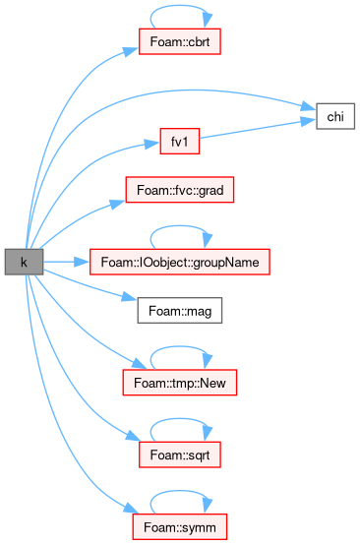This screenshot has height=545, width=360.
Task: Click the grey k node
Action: [24, 262]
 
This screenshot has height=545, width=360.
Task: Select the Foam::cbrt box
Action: [180, 41]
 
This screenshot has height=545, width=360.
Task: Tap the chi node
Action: [335, 116]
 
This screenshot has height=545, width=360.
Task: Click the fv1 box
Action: [180, 141]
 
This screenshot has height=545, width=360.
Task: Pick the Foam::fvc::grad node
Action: [180, 190]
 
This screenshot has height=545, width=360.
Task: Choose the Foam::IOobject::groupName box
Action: [180, 262]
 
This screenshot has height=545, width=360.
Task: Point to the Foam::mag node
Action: [180, 311]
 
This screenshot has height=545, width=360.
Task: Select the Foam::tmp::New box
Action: [180, 383]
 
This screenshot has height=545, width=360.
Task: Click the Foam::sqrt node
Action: [180, 454]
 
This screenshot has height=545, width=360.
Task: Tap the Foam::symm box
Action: [180, 527]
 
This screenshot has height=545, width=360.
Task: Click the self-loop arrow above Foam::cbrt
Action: [180, 6]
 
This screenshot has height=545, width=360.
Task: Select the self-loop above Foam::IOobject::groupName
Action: [180, 226]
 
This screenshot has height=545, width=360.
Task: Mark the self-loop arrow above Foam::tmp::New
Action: [180, 347]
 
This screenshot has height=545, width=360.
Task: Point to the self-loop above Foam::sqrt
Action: [180, 419]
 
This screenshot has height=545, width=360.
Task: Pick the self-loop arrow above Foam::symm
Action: [180, 492]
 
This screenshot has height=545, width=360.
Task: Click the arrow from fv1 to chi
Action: [257, 129]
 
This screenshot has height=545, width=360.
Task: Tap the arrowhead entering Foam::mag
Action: [129, 298]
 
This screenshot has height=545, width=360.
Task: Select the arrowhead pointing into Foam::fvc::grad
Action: [117, 204]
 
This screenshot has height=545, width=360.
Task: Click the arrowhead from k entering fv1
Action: [151, 144]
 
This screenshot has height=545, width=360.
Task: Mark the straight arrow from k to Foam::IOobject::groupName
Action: [66, 262]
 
